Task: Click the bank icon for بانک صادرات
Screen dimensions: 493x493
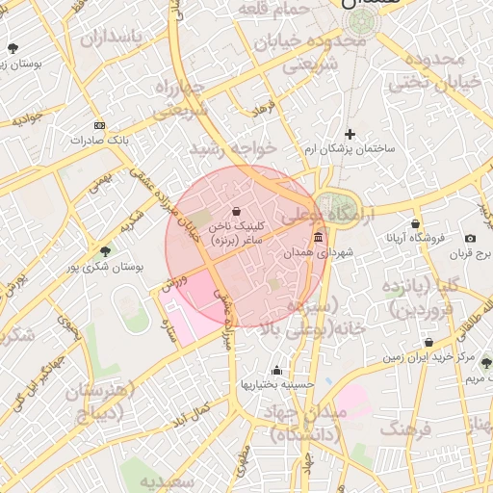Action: click(x=99, y=126)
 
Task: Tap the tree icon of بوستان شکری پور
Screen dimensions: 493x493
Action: click(x=105, y=251)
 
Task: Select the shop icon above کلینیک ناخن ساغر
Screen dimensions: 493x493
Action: click(x=237, y=211)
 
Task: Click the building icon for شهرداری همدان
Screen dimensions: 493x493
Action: click(x=319, y=238)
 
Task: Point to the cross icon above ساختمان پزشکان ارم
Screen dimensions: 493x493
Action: click(x=350, y=134)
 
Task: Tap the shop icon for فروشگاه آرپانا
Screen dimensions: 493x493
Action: click(x=416, y=222)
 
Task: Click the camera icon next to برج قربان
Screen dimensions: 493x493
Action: click(x=470, y=238)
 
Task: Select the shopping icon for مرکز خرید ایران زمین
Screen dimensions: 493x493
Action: click(x=428, y=342)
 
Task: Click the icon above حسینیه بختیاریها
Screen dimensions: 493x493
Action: click(x=277, y=371)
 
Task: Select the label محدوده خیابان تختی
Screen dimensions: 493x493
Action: click(x=444, y=71)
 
